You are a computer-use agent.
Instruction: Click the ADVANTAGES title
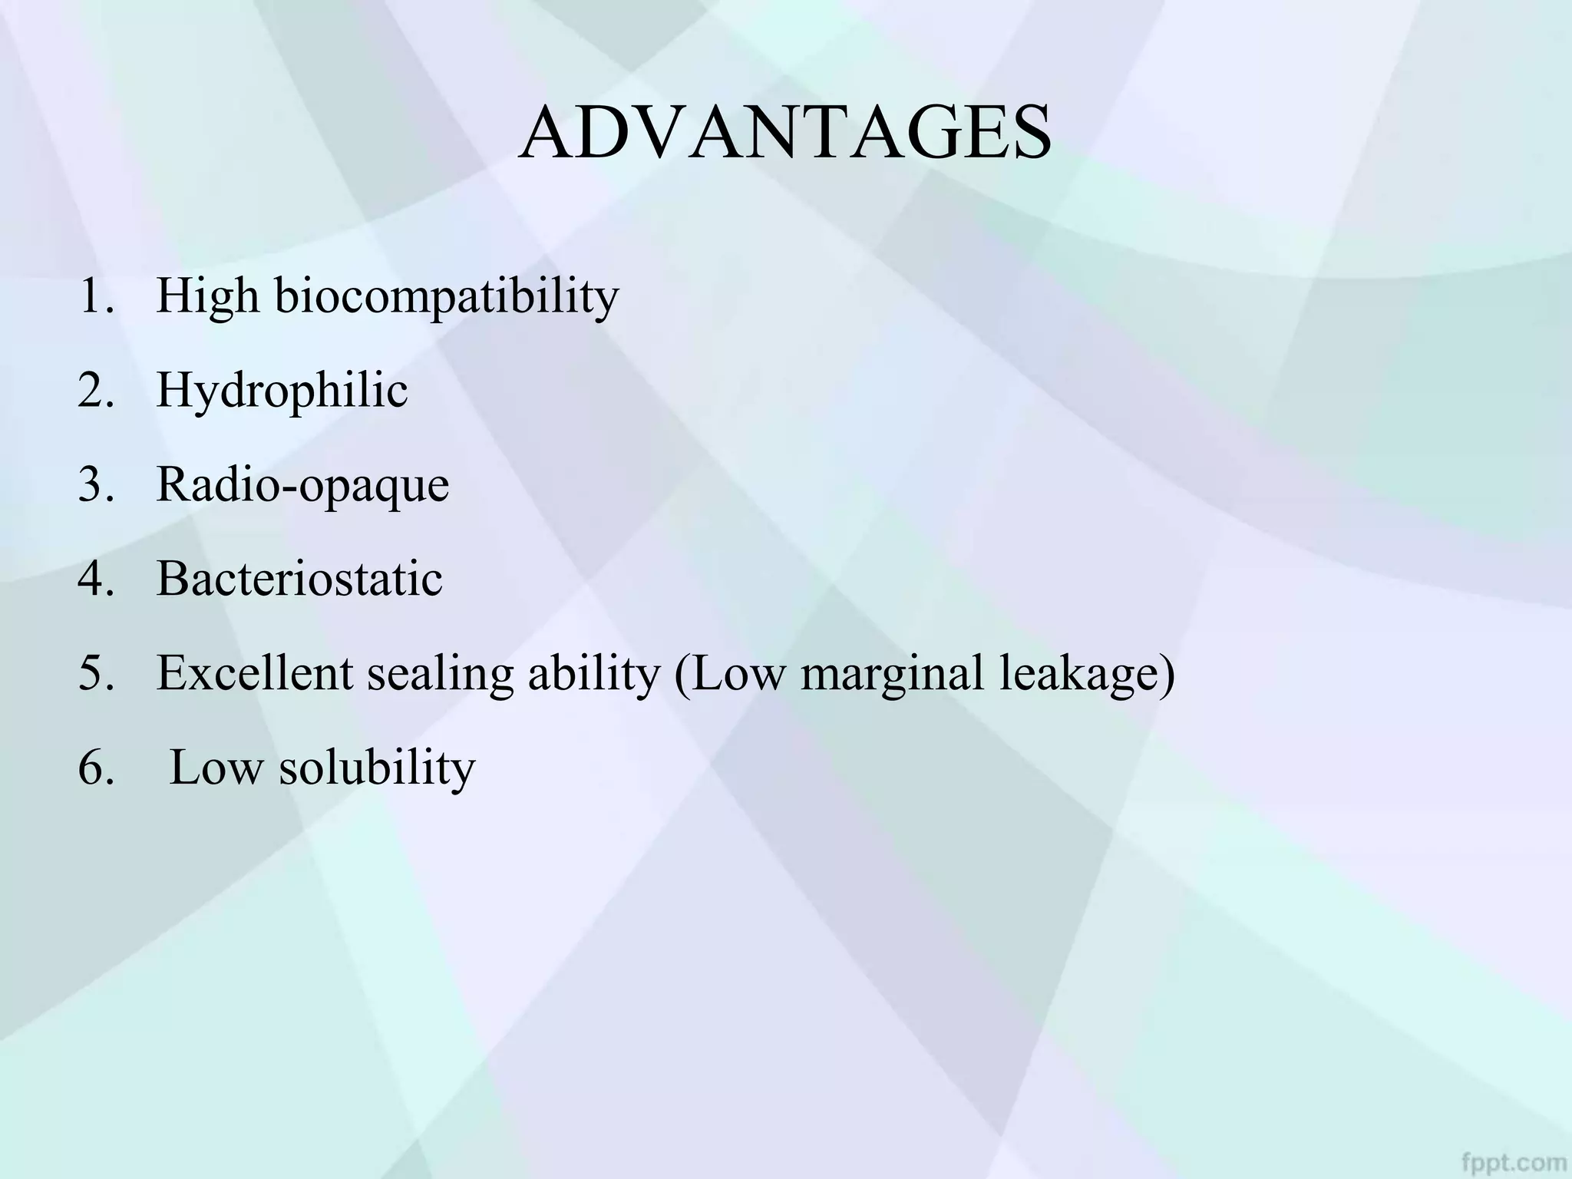pos(784,133)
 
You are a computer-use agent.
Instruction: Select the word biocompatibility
pos(447,296)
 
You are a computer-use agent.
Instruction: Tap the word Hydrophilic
pos(282,390)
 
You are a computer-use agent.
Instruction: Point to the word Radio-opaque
pos(302,485)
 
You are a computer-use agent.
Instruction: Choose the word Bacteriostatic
pos(299,579)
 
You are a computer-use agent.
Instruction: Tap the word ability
pos(593,673)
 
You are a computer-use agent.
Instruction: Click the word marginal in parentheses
pos(891,673)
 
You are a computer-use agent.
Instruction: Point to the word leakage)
pos(1087,673)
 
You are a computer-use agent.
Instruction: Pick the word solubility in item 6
pos(377,768)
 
